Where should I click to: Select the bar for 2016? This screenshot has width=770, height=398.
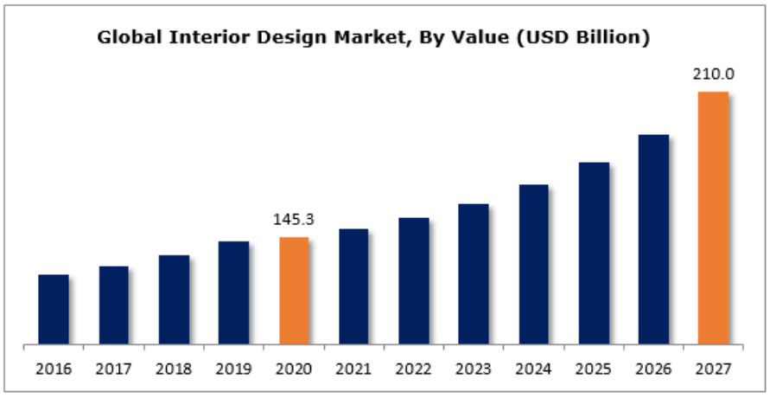click(x=54, y=310)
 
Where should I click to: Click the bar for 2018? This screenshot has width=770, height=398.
click(x=174, y=300)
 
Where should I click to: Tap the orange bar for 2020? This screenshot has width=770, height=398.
click(x=294, y=291)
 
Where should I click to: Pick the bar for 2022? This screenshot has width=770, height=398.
click(x=414, y=281)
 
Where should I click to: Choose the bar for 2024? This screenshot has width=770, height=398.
click(x=533, y=265)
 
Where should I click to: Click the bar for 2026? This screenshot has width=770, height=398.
click(x=653, y=240)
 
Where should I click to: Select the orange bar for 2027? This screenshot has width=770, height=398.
click(x=713, y=218)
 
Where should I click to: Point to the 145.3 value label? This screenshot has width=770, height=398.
click(x=294, y=220)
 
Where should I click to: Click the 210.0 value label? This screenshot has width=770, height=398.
click(x=713, y=74)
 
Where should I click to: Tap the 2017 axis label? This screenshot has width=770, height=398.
click(x=113, y=369)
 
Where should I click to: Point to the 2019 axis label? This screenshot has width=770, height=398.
click(x=233, y=369)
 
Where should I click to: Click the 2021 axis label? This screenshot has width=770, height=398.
click(x=353, y=369)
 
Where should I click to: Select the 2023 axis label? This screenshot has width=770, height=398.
click(x=474, y=369)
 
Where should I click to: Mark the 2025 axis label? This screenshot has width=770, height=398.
click(x=594, y=369)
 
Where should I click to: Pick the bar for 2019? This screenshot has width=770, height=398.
click(x=233, y=293)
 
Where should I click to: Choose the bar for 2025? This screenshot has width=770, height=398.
click(x=594, y=254)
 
